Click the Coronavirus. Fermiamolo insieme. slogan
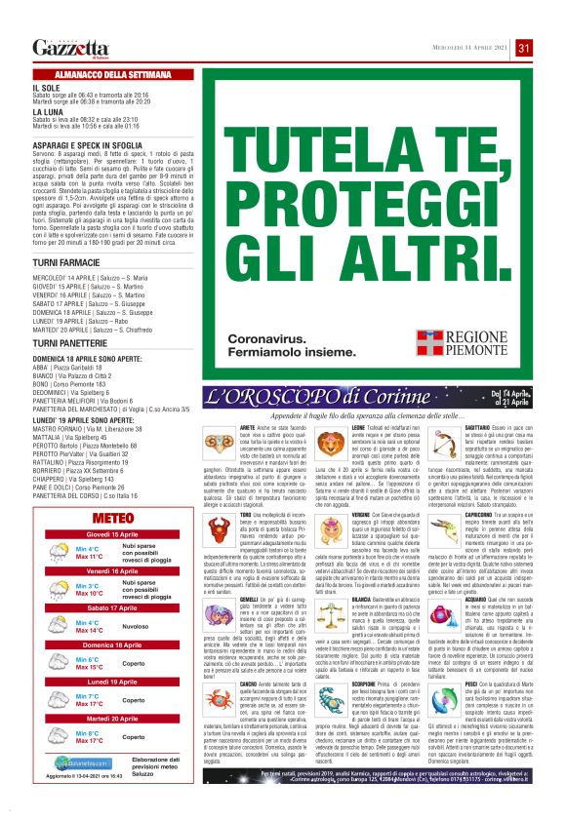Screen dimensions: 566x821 289,343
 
